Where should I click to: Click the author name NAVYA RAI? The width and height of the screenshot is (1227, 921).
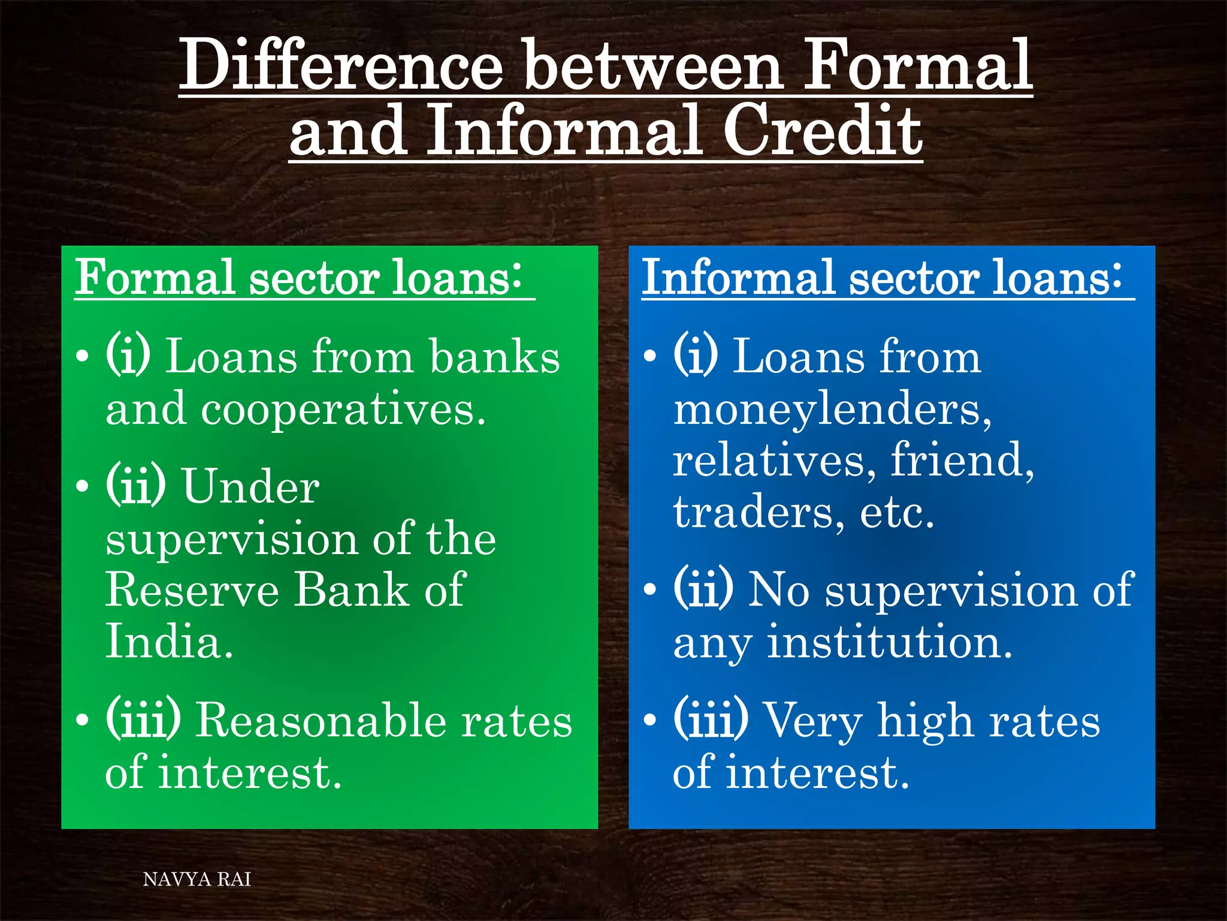(x=197, y=880)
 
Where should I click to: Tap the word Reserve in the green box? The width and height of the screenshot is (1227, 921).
(x=192, y=590)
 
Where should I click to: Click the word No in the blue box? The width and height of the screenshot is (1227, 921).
(x=779, y=590)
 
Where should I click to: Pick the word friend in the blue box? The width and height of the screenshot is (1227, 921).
(x=961, y=460)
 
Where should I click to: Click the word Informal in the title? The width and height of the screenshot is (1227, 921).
(x=563, y=131)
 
